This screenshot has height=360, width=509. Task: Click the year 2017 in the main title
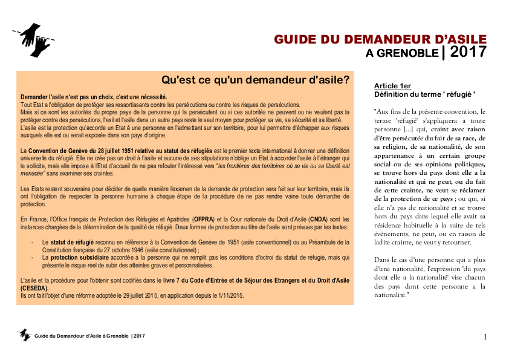(x=468, y=52)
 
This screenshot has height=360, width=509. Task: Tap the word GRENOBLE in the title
(x=410, y=53)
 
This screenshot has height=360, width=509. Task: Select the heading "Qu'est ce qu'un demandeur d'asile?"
(x=255, y=80)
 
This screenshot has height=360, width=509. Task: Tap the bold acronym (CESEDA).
(x=36, y=289)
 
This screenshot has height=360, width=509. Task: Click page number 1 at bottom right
(x=485, y=336)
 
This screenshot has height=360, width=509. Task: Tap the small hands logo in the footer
(x=25, y=335)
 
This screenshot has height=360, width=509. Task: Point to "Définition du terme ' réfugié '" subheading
(x=425, y=94)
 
